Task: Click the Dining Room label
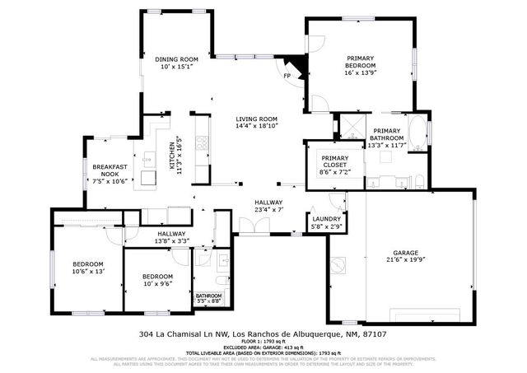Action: [x=178, y=59]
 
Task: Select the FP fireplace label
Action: [x=287, y=77]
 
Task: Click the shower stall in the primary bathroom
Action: [x=349, y=127]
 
